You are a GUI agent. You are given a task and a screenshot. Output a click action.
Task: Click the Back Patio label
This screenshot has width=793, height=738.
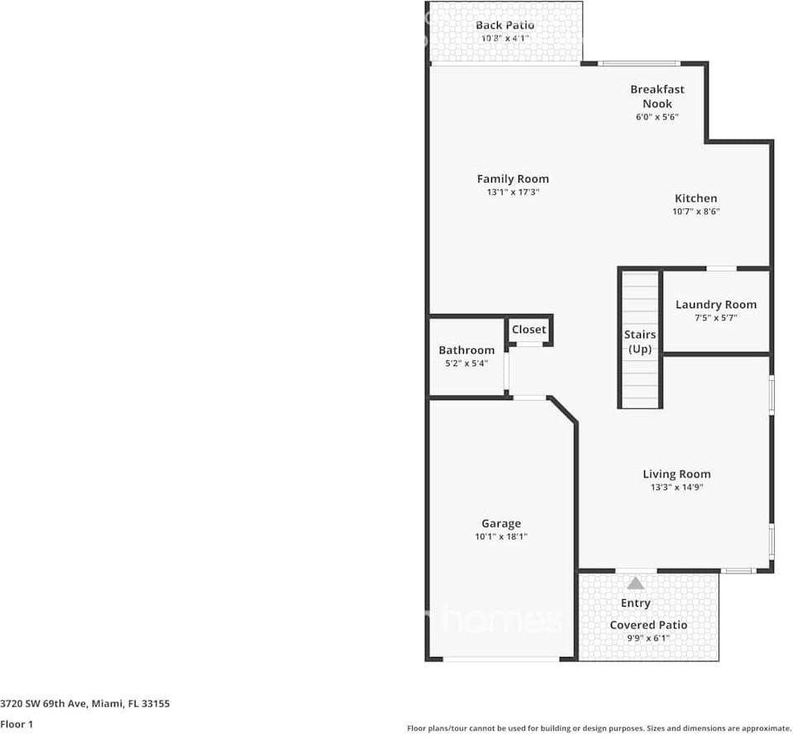[504, 26]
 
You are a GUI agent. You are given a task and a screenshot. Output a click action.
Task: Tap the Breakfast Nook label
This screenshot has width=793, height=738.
[657, 97]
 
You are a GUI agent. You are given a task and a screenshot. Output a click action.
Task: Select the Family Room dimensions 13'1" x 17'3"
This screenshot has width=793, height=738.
[513, 193]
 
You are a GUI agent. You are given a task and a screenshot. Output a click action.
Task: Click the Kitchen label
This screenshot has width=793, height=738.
[695, 198]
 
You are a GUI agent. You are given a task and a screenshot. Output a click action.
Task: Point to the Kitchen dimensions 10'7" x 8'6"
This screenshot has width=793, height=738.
[695, 212]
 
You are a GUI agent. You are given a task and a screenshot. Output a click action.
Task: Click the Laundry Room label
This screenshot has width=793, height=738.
[715, 305]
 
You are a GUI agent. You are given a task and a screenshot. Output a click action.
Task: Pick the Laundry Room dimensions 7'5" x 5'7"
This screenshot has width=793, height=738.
[715, 318]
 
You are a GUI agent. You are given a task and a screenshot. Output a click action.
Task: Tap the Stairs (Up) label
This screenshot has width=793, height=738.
[640, 342]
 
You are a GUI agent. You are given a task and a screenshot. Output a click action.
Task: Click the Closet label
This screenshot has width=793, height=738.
[528, 330]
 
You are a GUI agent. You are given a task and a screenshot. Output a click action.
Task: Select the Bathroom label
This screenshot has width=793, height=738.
[466, 350]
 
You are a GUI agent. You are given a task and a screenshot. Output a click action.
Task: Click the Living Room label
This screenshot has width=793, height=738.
[676, 474]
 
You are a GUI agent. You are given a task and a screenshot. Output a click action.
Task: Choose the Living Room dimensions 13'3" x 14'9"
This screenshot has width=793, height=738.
[676, 488]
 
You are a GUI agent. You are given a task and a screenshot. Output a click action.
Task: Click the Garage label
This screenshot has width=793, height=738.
[501, 523]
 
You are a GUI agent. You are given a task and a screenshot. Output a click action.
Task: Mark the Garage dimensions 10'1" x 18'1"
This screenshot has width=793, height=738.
[501, 536]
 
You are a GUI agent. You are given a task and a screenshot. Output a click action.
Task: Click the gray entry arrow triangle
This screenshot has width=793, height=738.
[634, 583]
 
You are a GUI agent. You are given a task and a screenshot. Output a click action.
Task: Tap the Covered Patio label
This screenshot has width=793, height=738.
[648, 625]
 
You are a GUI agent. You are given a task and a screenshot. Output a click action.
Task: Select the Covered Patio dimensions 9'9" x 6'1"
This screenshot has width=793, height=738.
[648, 638]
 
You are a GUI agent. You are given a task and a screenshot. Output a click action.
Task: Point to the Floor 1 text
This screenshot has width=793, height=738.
[16, 725]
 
